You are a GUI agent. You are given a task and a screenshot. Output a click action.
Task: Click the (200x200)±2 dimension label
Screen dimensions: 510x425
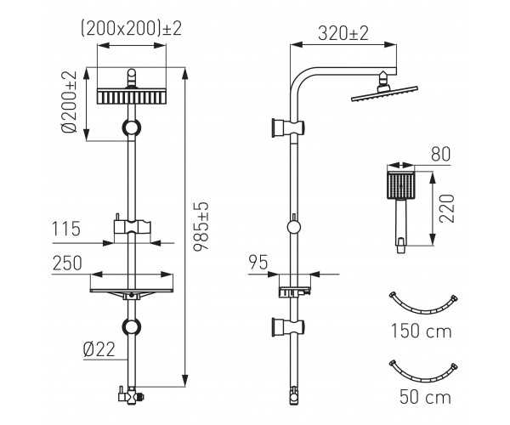click(131, 29)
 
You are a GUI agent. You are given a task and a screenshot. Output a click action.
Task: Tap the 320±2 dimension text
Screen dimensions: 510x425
click(343, 33)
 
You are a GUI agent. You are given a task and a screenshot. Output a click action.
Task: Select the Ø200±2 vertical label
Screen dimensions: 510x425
click(70, 102)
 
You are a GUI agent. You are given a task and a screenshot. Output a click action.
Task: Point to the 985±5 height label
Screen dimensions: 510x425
click(201, 226)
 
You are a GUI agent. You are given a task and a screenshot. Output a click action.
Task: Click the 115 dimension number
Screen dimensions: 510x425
click(66, 229)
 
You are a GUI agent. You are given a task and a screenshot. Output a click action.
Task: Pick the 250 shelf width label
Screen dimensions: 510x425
click(67, 263)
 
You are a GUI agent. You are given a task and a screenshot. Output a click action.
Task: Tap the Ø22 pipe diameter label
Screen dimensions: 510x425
click(99, 349)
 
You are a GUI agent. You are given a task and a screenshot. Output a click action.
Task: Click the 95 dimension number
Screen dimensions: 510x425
click(258, 262)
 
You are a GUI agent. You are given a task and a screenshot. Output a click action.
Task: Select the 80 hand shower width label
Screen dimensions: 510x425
click(440, 155)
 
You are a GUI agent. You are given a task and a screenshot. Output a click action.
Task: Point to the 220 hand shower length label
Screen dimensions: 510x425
click(446, 208)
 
